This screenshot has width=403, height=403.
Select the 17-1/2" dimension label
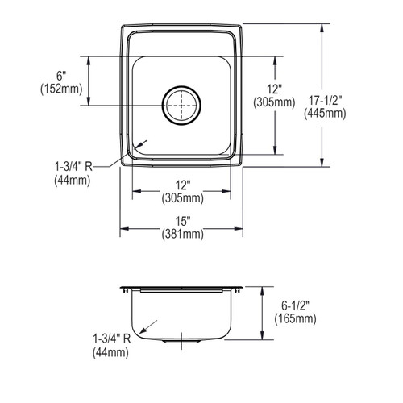pyautogui.click(x=325, y=101)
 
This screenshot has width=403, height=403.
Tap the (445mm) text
pyautogui.click(x=325, y=113)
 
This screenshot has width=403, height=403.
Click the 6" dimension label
pyautogui.click(x=61, y=76)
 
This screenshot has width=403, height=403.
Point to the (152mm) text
pyautogui.click(x=61, y=89)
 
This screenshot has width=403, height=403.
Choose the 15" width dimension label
pyautogui.click(x=182, y=222)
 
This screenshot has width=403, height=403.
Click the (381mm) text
pyautogui.click(x=183, y=235)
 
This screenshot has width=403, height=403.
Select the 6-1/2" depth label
pyautogui.click(x=295, y=305)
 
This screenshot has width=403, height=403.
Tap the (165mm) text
pyautogui.click(x=295, y=318)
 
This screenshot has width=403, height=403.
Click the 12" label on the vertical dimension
pyautogui.click(x=274, y=89)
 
